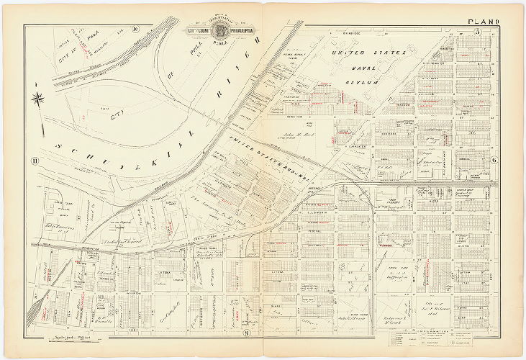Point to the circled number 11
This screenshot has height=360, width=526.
tap(33, 160)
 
